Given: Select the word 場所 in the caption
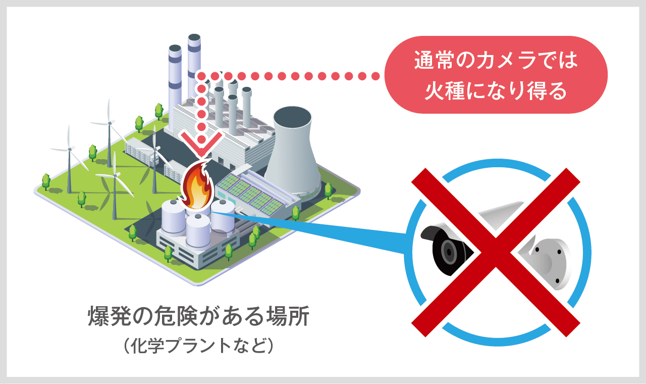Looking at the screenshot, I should [287, 317].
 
